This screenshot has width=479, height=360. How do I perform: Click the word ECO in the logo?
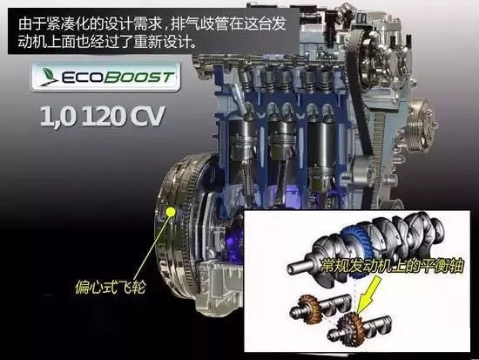point(82,78)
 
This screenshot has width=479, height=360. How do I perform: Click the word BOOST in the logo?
point(139,78)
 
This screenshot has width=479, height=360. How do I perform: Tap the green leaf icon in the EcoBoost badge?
point(49,76)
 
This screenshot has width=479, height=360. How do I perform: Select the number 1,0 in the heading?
point(57,116)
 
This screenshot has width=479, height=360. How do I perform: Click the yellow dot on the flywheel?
point(170,211)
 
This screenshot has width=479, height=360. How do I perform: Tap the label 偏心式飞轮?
point(111,287)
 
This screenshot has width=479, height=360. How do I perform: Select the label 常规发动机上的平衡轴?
point(392,267)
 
